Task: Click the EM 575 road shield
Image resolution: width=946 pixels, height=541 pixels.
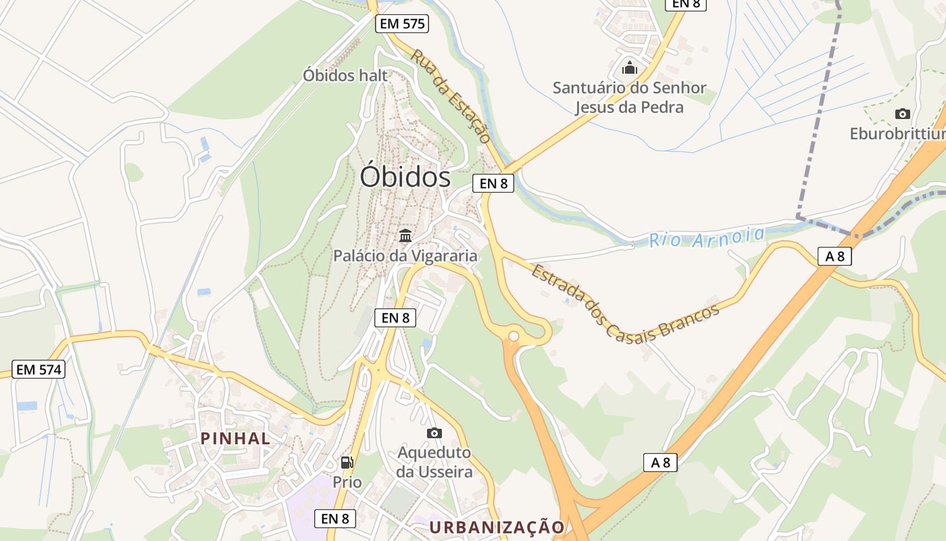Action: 402,24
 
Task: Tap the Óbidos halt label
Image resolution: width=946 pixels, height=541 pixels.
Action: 345,75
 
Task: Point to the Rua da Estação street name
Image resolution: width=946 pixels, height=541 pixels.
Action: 451,95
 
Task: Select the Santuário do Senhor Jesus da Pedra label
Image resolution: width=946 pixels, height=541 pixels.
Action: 629,97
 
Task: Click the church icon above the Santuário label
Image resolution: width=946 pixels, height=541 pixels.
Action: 630,68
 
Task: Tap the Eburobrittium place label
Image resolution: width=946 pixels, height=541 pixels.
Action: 897,134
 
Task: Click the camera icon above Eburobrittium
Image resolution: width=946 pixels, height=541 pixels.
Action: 902,114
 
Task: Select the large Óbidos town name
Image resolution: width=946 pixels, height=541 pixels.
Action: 405,177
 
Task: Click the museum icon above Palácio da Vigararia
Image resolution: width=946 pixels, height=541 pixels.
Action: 405,236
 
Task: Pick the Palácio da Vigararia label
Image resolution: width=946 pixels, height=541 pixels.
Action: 405,256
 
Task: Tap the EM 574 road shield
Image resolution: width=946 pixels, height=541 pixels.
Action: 39,369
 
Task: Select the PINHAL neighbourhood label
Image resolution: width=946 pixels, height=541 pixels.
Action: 235,438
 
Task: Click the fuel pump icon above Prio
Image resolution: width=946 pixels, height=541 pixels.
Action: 347,463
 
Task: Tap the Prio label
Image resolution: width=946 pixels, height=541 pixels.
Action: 347,482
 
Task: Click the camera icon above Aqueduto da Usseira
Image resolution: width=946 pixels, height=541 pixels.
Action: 434,433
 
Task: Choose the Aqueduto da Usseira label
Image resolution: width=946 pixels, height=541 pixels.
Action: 434,462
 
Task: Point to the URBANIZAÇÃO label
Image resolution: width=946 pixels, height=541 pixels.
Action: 497,527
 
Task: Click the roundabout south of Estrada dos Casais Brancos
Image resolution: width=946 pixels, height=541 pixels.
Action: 514,335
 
